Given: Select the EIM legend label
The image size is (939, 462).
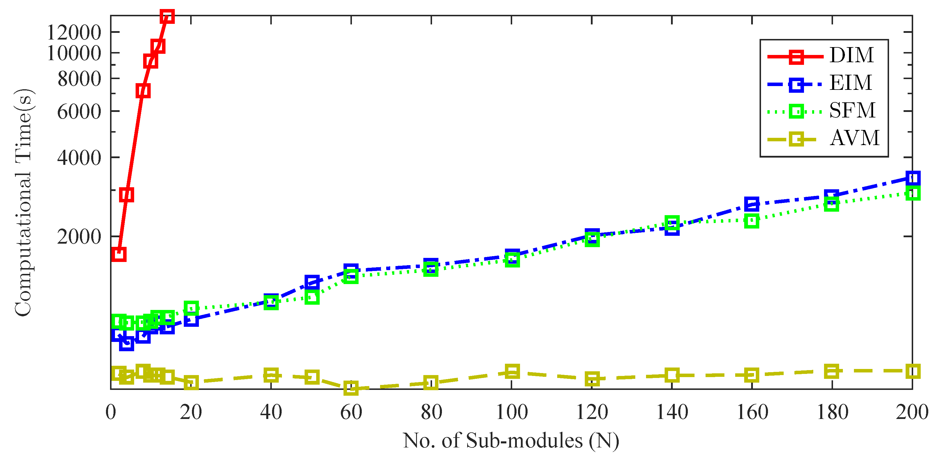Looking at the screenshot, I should click(850, 83).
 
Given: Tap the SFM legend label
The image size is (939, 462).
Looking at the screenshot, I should click(852, 110).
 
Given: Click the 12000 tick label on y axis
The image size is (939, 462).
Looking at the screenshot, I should click(74, 33).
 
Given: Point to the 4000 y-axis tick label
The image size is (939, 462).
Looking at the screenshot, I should click(79, 158).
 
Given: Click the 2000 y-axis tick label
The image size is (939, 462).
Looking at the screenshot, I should click(79, 237).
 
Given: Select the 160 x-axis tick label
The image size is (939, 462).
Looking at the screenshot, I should click(752, 412).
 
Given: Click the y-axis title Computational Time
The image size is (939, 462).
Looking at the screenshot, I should click(24, 203).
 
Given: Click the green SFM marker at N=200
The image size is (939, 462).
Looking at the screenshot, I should click(912, 193).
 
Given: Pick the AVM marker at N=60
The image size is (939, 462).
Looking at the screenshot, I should click(351, 388).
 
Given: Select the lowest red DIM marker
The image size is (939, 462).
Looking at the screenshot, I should click(119, 254).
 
